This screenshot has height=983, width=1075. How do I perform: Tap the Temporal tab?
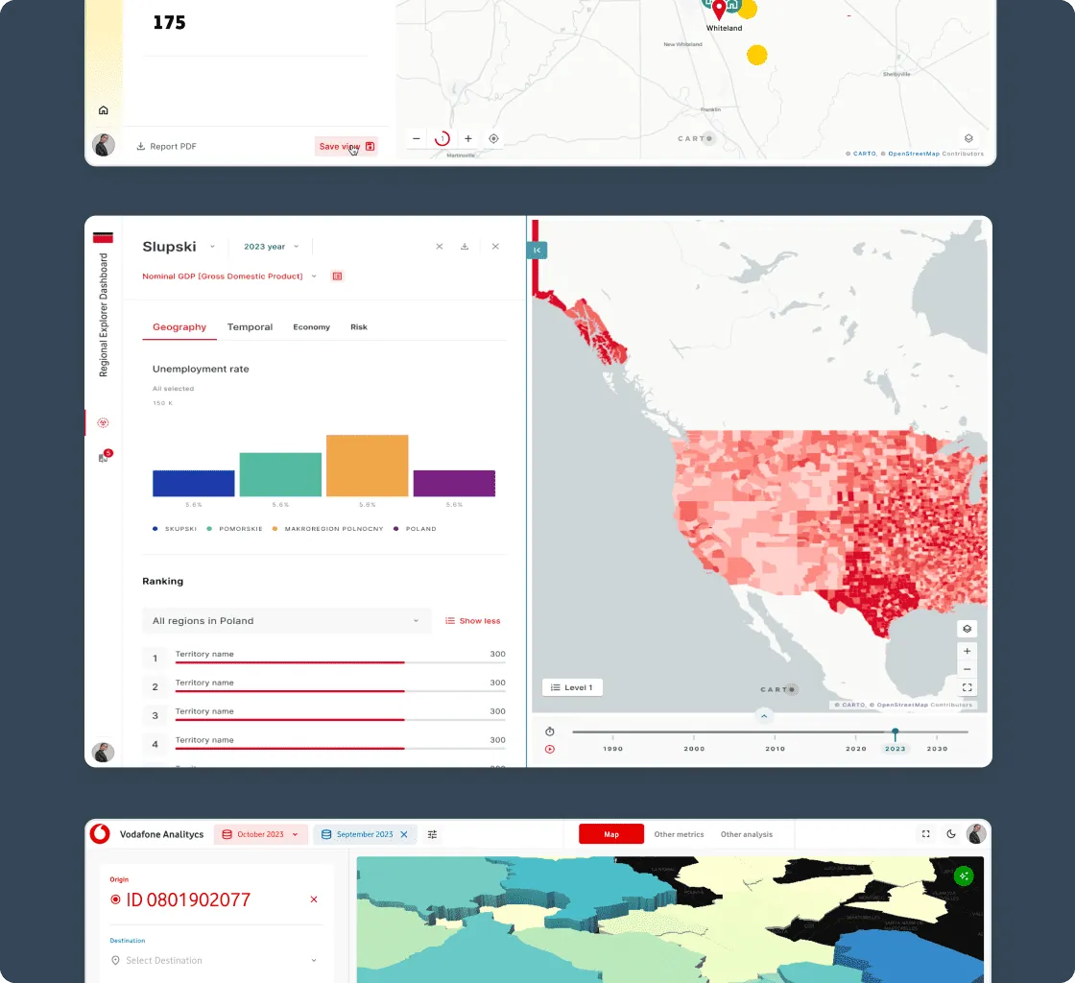point(250,327)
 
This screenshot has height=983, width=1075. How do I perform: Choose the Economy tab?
point(311,327)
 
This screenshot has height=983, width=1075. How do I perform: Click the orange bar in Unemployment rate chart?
point(367,466)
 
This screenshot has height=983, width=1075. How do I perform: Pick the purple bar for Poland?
point(454,483)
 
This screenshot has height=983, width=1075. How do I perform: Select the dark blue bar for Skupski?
point(193,483)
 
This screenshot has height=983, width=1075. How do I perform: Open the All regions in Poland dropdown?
point(286,620)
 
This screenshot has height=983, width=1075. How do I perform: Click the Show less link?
point(473,620)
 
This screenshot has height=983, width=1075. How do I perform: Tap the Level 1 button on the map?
point(572,687)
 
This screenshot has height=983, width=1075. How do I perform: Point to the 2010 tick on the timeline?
point(775,748)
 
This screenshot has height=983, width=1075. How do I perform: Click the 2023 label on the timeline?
point(896,749)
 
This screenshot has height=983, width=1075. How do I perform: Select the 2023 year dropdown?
point(271,247)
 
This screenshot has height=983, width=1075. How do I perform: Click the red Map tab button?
point(611,834)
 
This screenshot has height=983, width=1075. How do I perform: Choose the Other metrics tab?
point(679,834)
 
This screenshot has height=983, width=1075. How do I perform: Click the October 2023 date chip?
point(261,834)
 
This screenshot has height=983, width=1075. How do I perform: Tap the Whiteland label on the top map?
point(724,28)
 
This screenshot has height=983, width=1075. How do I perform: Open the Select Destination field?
point(216,960)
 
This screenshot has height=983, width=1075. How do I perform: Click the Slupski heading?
point(169,247)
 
